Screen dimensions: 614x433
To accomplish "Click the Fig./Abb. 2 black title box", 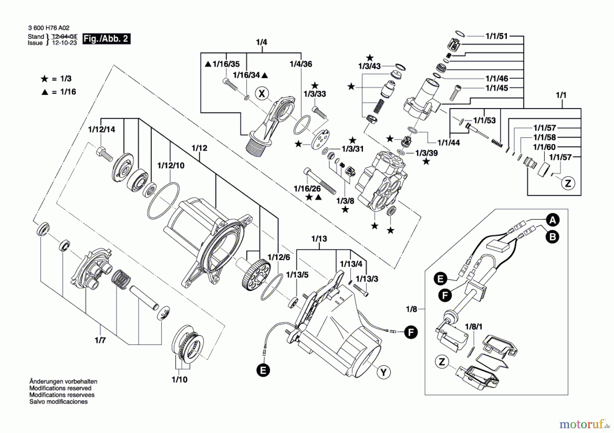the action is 106,38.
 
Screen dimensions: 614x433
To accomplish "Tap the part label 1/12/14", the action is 102,129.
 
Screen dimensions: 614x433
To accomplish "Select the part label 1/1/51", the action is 497,36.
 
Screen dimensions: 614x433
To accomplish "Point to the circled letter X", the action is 262,93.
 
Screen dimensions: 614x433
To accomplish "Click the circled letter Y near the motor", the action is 383,372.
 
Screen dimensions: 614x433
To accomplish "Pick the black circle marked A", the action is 553,220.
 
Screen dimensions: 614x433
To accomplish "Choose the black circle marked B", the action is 553,237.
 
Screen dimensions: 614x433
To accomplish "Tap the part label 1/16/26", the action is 307,188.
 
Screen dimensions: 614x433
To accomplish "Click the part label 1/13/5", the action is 297,275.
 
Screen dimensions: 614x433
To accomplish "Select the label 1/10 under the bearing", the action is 179,380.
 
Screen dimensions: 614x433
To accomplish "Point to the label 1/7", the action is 100,340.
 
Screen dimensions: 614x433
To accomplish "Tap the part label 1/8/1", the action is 474,327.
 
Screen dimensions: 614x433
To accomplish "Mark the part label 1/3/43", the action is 369,66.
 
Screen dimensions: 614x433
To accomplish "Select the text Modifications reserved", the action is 60,388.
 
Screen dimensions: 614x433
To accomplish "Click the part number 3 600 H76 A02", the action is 49,28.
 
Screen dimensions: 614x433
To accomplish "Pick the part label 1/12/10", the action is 171,166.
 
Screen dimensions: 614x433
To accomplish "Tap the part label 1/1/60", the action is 544,147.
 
